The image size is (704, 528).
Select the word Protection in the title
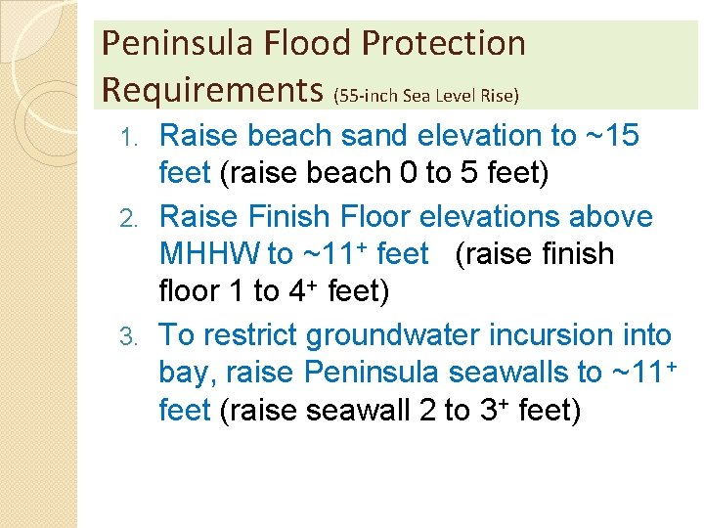click(445, 44)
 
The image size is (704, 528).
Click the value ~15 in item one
click(606, 135)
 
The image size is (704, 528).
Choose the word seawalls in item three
click(509, 373)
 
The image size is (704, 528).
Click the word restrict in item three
click(249, 335)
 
